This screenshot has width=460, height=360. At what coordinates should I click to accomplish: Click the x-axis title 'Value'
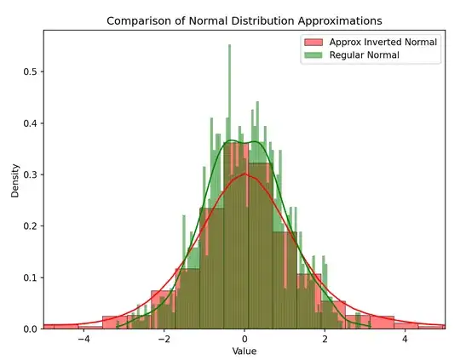pos(244,351)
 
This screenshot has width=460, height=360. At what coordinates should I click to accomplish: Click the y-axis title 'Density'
pos(14,180)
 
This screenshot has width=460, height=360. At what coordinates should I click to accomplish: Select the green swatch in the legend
pos(314,55)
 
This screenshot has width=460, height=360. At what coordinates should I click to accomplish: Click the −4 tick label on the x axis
pos(83,339)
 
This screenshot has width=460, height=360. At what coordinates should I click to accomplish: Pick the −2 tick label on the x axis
pos(163,339)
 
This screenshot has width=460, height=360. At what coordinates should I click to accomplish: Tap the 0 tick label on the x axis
pos(244,339)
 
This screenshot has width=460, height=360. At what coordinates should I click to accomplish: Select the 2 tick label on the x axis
pos(325,339)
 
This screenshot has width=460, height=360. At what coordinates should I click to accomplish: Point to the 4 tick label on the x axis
pos(405,339)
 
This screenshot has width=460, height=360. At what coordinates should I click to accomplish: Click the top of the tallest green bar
pos(229,46)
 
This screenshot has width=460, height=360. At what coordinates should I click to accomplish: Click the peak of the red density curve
pos(244,174)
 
